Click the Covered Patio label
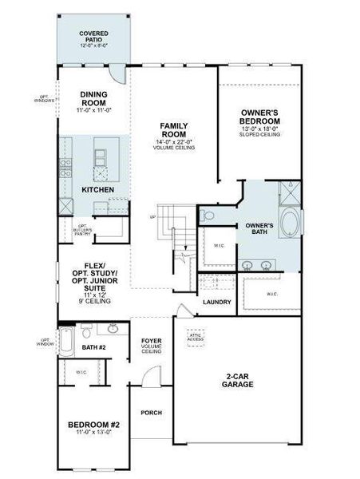(x=94, y=38)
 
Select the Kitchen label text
(x=97, y=189)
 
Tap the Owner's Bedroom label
(x=259, y=117)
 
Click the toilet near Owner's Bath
(x=208, y=215)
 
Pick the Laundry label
(x=217, y=302)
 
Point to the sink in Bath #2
(x=113, y=329)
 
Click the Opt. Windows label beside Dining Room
(x=44, y=99)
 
